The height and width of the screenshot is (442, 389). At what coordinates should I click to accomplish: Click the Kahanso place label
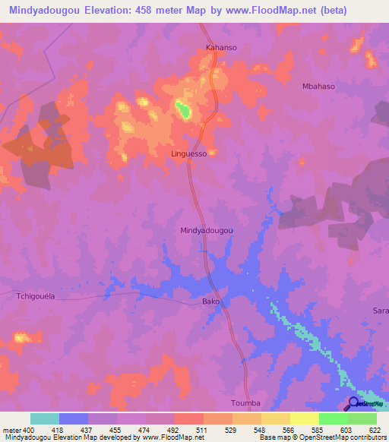click(x=222, y=47)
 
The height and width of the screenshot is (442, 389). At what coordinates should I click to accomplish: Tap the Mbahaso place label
click(x=318, y=87)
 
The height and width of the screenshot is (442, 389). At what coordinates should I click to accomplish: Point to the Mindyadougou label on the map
click(x=206, y=230)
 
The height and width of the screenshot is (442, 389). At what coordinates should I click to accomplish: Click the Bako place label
click(x=210, y=302)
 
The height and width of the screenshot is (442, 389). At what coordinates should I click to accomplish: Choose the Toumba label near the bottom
click(x=245, y=403)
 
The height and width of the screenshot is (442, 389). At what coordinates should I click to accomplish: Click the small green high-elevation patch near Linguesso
click(x=183, y=110)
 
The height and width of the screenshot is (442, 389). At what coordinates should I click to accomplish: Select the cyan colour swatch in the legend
click(x=45, y=418)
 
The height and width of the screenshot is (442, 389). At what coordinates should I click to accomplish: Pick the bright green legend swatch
click(x=334, y=418)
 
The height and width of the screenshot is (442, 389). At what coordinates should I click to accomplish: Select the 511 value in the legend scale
click(x=201, y=430)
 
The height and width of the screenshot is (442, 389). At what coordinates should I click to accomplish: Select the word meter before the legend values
click(x=11, y=430)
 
